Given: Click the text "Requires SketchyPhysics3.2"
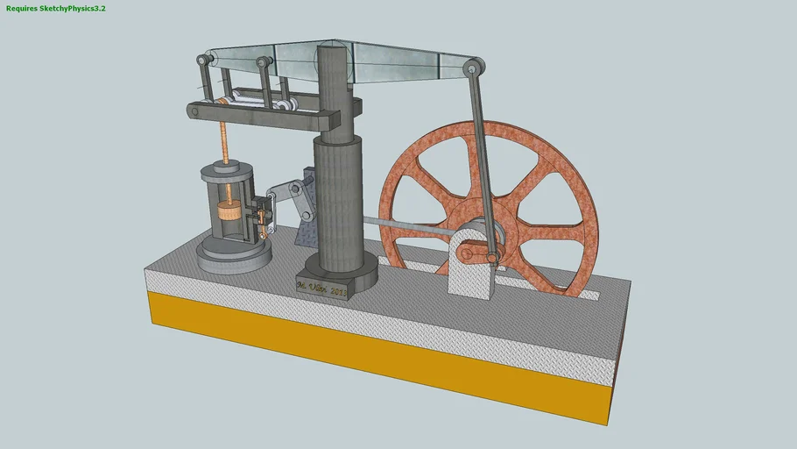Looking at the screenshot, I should coord(55,8).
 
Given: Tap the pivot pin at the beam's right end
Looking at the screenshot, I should coord(474,67).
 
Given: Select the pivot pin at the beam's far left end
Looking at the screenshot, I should coord(202,61).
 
